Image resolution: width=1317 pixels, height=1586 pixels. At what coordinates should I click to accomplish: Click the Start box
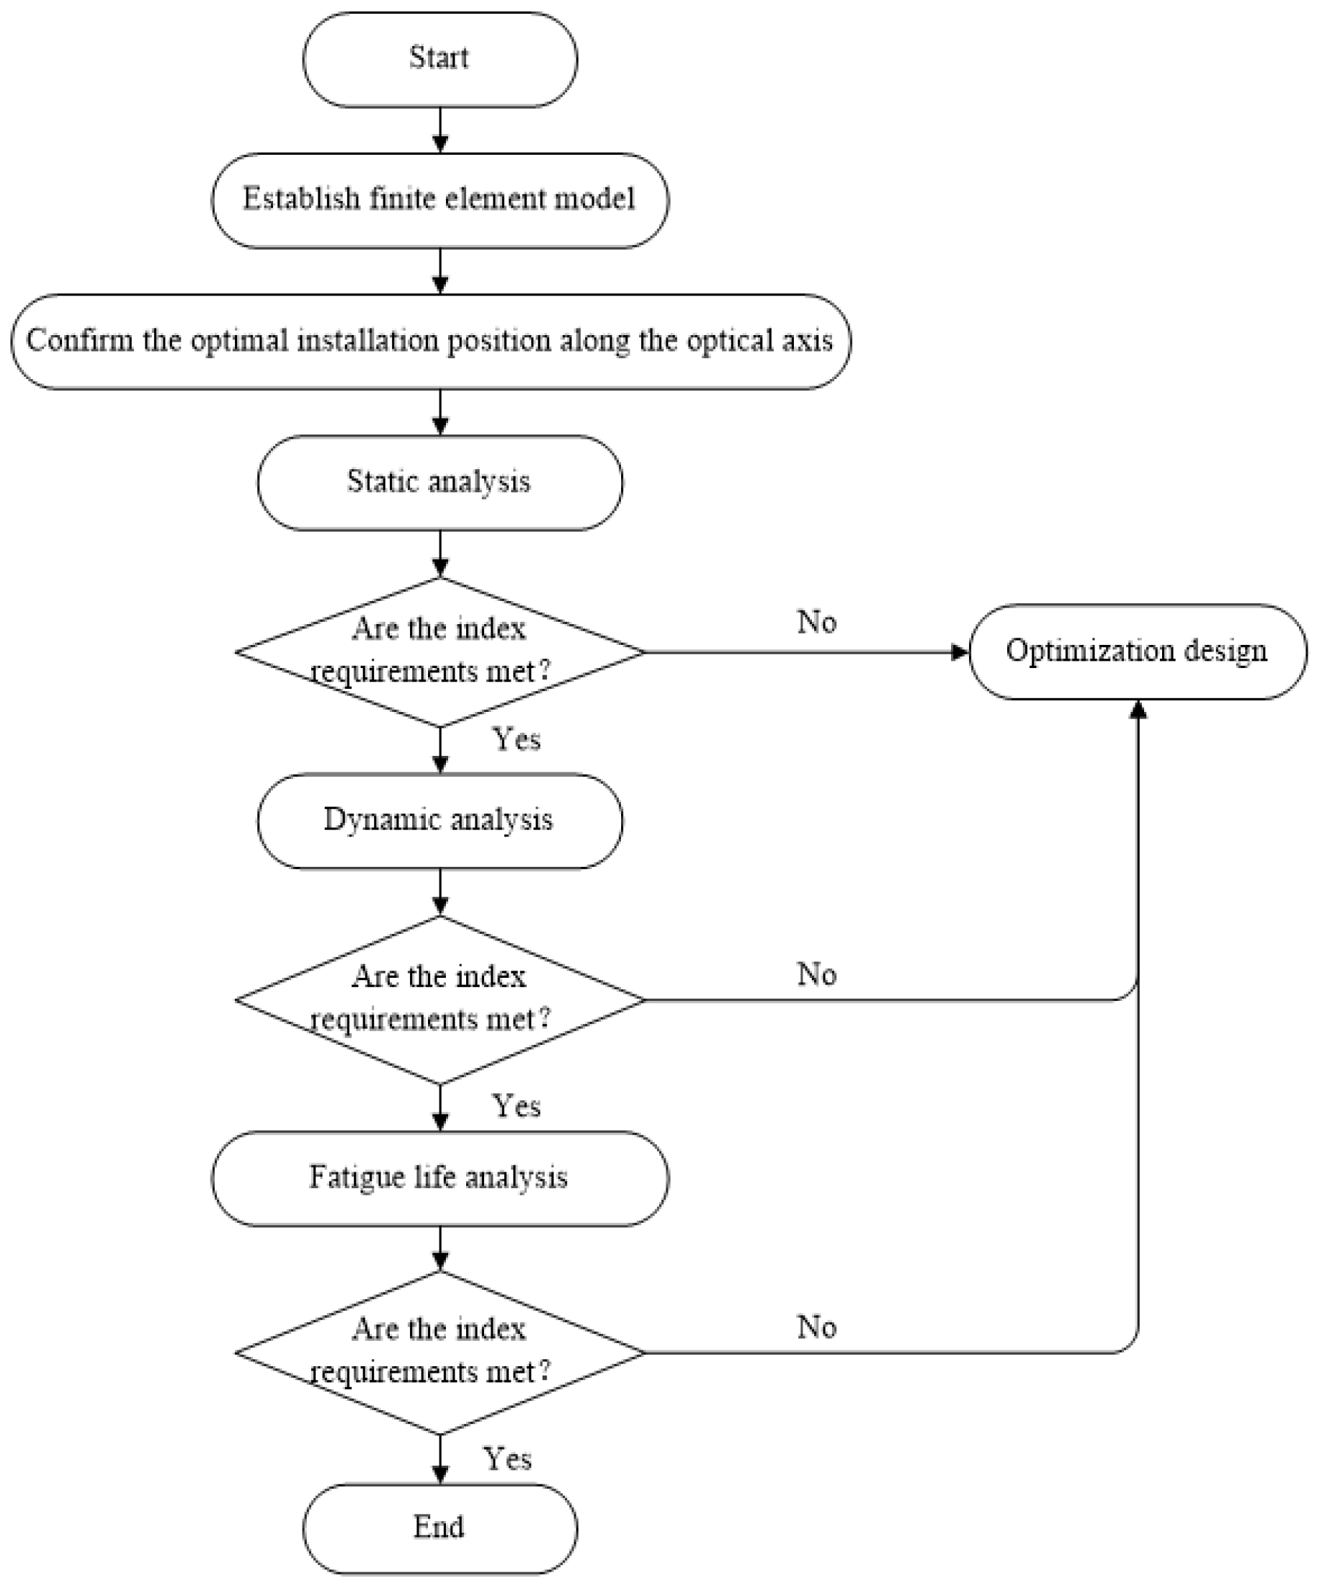[x=440, y=59]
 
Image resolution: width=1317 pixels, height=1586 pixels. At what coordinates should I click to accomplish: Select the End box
[x=440, y=1528]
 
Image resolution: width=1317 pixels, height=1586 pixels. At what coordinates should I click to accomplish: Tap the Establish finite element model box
[x=440, y=200]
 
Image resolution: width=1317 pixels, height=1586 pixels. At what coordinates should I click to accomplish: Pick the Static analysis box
[x=440, y=483]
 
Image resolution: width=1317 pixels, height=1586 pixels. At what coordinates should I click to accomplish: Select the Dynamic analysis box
[x=440, y=820]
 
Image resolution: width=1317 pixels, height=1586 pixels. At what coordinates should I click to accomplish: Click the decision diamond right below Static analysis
[x=440, y=652]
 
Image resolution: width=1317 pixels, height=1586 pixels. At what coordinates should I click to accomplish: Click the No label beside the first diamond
[x=816, y=623]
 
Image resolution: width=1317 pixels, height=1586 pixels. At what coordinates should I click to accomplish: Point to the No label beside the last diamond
[x=816, y=1327]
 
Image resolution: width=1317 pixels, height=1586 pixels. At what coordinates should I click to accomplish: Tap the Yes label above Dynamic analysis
[x=517, y=739]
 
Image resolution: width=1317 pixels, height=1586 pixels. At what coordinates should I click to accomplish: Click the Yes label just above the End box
[x=507, y=1458]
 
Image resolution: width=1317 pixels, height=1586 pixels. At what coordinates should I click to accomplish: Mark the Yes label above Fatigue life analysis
[x=517, y=1106]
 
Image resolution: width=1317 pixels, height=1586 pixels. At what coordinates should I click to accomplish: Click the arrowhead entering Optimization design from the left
[x=960, y=652]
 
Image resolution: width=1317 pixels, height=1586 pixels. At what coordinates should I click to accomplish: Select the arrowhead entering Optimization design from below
[x=1138, y=710]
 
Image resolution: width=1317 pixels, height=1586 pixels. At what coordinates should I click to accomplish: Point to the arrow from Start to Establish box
[x=440, y=130]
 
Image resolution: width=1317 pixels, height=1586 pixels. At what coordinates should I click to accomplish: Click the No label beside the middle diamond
[x=816, y=974]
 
